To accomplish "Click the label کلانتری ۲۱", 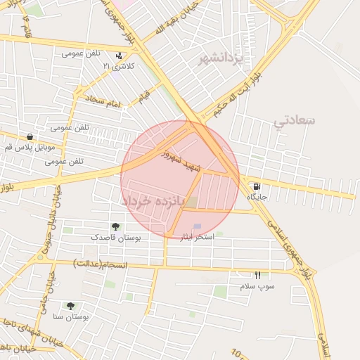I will tap(118, 66).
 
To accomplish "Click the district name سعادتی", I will tap(294, 121).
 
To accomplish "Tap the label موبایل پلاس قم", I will tap(29, 148).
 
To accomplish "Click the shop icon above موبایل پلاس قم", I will tap(30, 137).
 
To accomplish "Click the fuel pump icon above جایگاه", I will tap(256, 187).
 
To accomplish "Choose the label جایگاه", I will tap(257, 198).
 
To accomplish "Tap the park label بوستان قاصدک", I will tap(115, 238).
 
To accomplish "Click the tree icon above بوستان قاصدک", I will tap(115, 226).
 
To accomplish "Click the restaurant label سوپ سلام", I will tap(257, 286).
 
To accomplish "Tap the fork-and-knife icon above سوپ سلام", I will tap(257, 275).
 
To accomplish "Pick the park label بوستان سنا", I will tap(70, 317).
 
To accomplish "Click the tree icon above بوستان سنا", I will tap(70, 306).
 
